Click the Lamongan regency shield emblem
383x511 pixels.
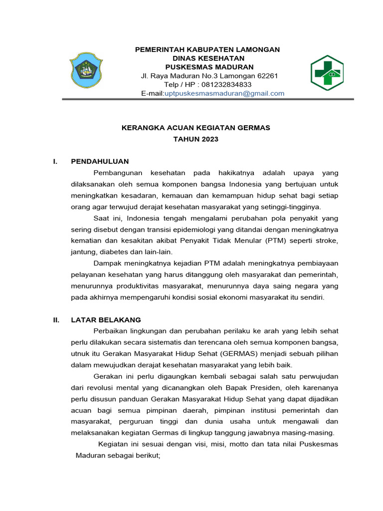tap(86, 70)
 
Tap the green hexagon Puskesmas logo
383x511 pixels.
tap(327, 73)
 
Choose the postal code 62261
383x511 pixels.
tap(266, 76)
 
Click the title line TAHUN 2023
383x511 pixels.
tap(195, 139)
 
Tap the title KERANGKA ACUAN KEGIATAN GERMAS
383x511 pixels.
tap(196, 128)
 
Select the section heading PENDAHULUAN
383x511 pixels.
tap(100, 161)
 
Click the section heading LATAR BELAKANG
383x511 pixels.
tap(106, 320)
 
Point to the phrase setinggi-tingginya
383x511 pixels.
tap(292, 207)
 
